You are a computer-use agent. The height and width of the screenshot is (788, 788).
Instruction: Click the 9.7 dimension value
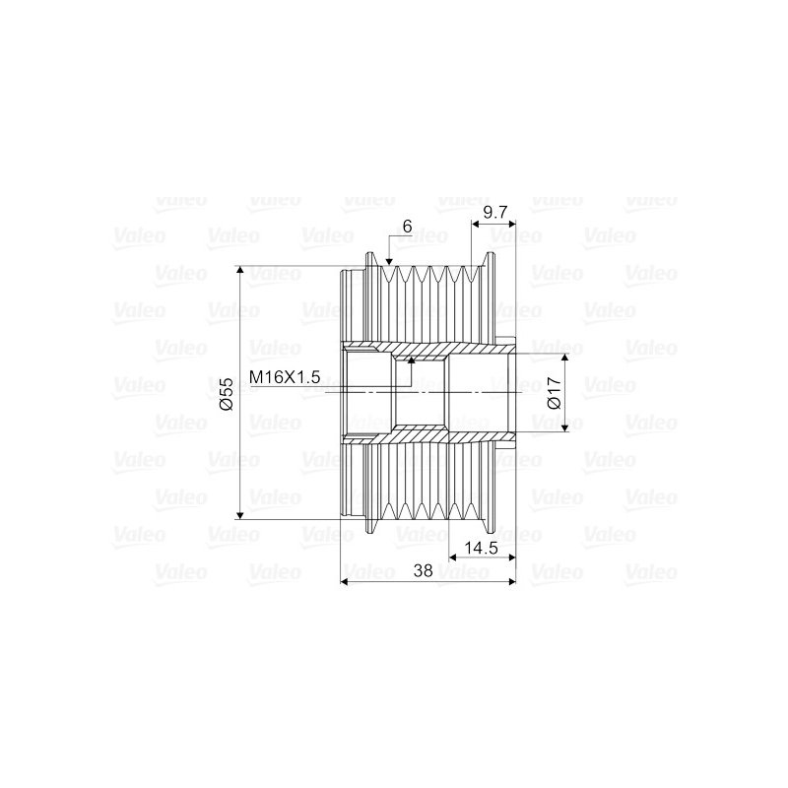(x=495, y=213)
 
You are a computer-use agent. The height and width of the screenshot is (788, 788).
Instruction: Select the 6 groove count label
(x=407, y=228)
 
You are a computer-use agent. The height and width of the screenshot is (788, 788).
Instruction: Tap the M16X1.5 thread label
(x=285, y=377)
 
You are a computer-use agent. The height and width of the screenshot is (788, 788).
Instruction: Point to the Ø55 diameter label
(x=228, y=394)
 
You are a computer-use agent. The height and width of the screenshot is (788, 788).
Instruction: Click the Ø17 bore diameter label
(x=554, y=393)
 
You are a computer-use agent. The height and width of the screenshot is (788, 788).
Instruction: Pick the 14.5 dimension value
(x=481, y=548)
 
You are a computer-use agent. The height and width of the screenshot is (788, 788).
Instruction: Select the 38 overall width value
(x=423, y=570)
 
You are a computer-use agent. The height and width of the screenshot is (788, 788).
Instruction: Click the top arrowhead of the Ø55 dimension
(x=240, y=270)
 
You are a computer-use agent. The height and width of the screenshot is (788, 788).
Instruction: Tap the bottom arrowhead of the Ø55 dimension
(x=240, y=514)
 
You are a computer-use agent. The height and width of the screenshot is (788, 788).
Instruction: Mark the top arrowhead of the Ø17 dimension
(x=564, y=358)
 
